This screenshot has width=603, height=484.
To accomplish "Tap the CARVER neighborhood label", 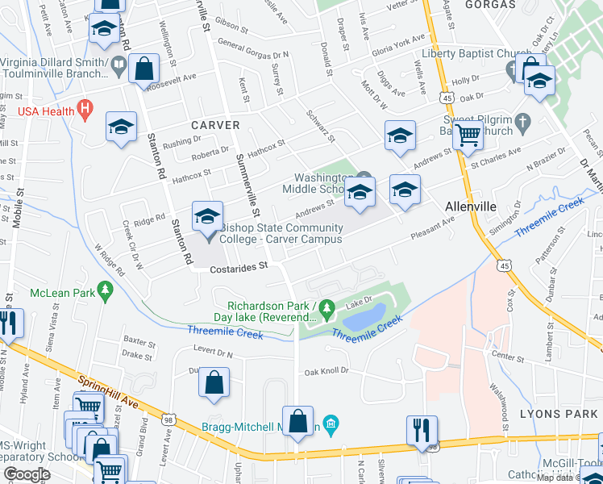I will pos(215,125).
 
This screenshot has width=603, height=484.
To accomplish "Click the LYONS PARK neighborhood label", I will pos(569,412).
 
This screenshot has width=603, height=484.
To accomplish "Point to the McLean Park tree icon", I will pos(104,289).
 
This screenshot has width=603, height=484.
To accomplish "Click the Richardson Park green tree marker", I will pos(326,307).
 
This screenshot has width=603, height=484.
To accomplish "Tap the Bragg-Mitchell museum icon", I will pos(331,423).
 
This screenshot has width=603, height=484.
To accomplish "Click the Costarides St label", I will pos(238,265).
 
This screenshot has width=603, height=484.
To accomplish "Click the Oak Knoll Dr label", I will pos(326,371).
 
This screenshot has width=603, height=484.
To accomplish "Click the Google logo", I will pos(27,474).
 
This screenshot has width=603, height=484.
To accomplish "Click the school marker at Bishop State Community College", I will pos(207,216).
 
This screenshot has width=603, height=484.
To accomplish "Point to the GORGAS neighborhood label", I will pos(491,5).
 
